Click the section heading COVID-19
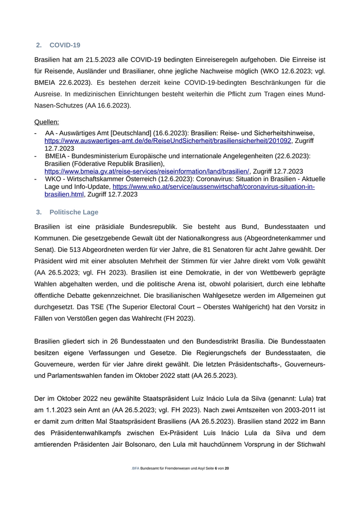pos(65,45)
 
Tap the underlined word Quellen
pos(46,122)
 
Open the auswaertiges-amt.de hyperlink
pos(168,140)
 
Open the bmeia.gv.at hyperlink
pos(147,171)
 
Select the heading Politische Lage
pos(74,212)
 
